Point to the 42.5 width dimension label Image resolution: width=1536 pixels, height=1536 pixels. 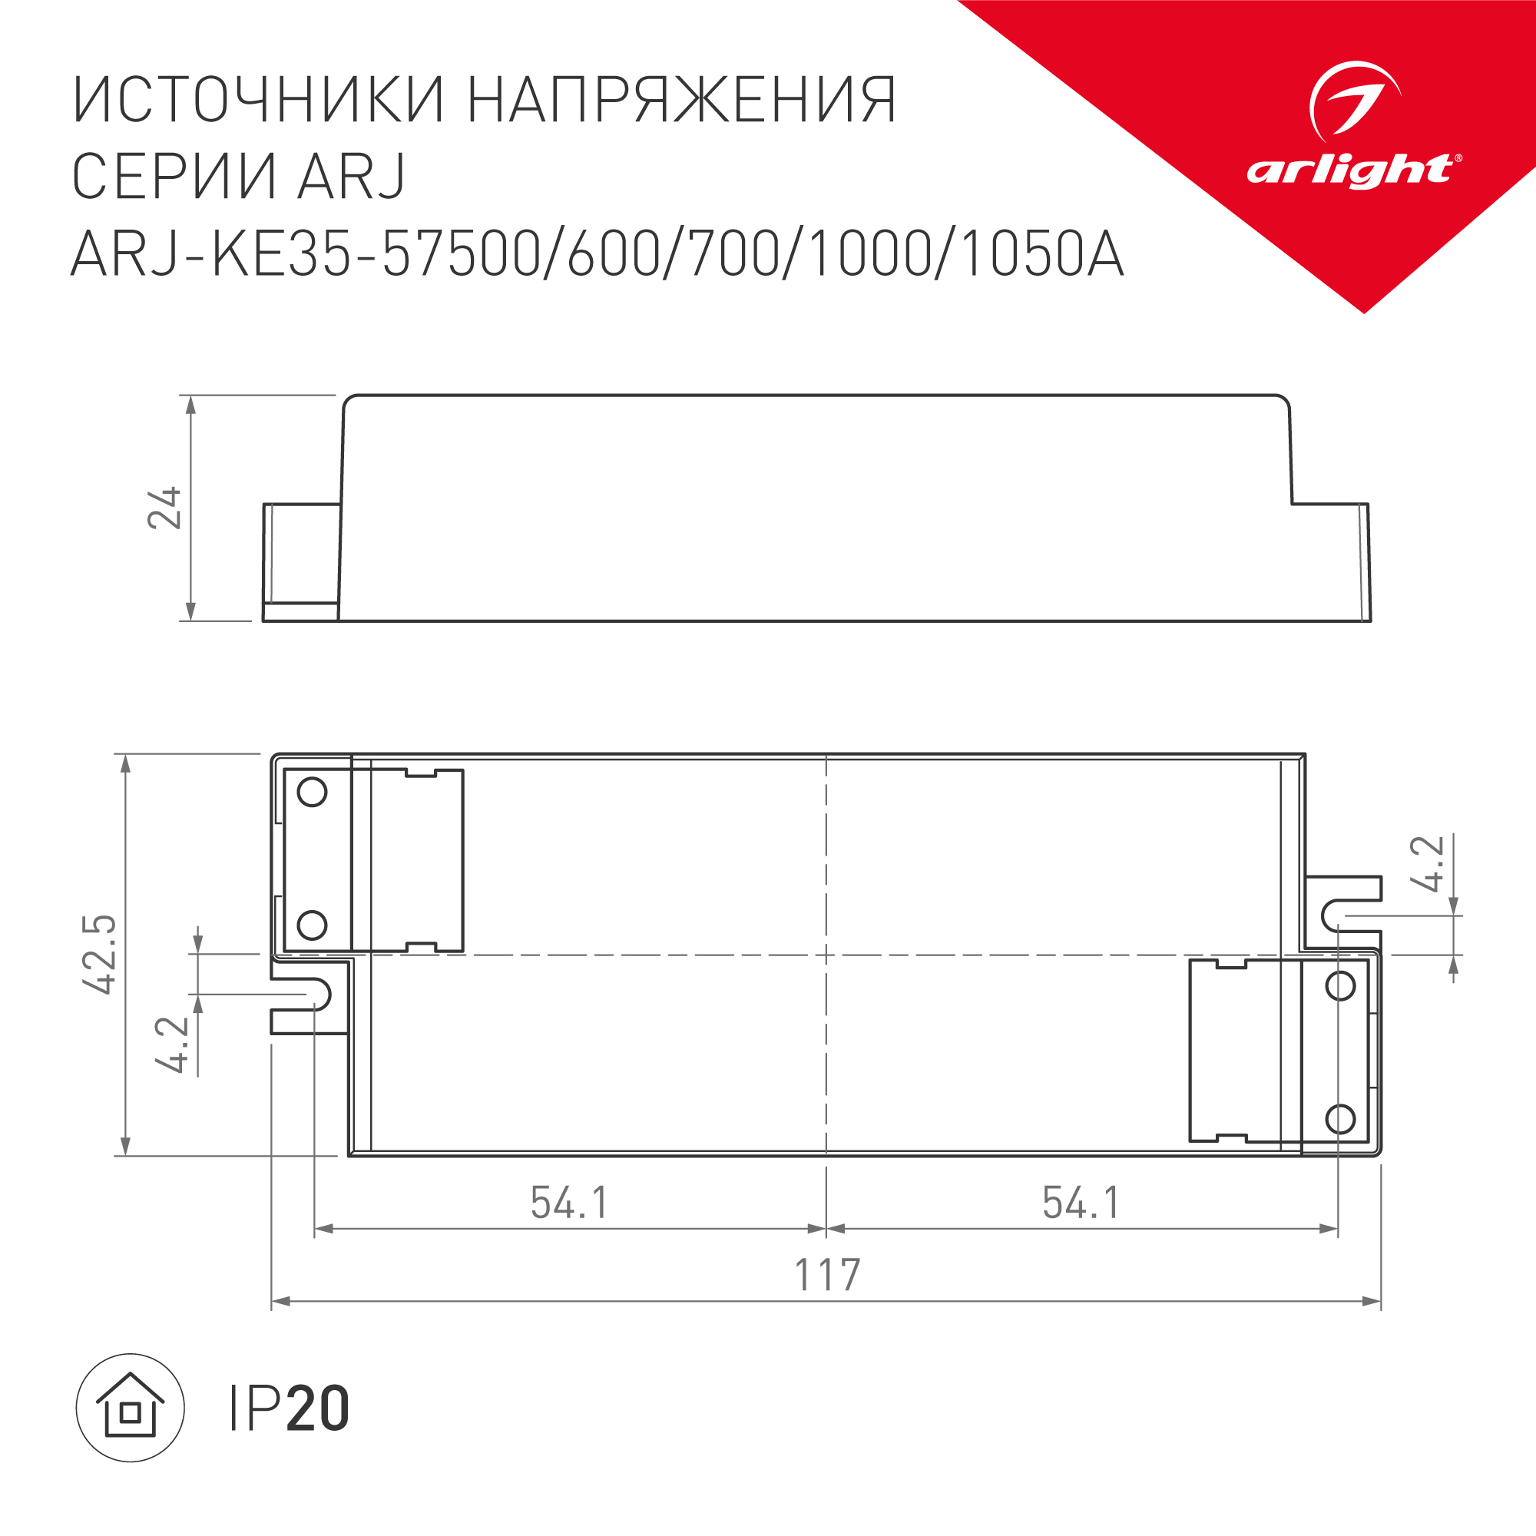100,954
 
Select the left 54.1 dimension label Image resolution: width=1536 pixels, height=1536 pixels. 569,1203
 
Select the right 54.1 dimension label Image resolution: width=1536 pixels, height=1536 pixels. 1081,1203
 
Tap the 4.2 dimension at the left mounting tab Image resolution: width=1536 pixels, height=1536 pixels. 173,1044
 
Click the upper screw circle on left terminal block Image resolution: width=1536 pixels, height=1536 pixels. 312,792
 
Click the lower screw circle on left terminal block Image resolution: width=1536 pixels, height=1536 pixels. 312,925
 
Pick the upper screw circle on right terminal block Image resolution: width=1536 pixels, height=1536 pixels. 1340,986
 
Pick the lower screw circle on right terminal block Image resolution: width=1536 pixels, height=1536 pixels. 1340,1120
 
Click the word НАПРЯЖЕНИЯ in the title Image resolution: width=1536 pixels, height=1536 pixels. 682,101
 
